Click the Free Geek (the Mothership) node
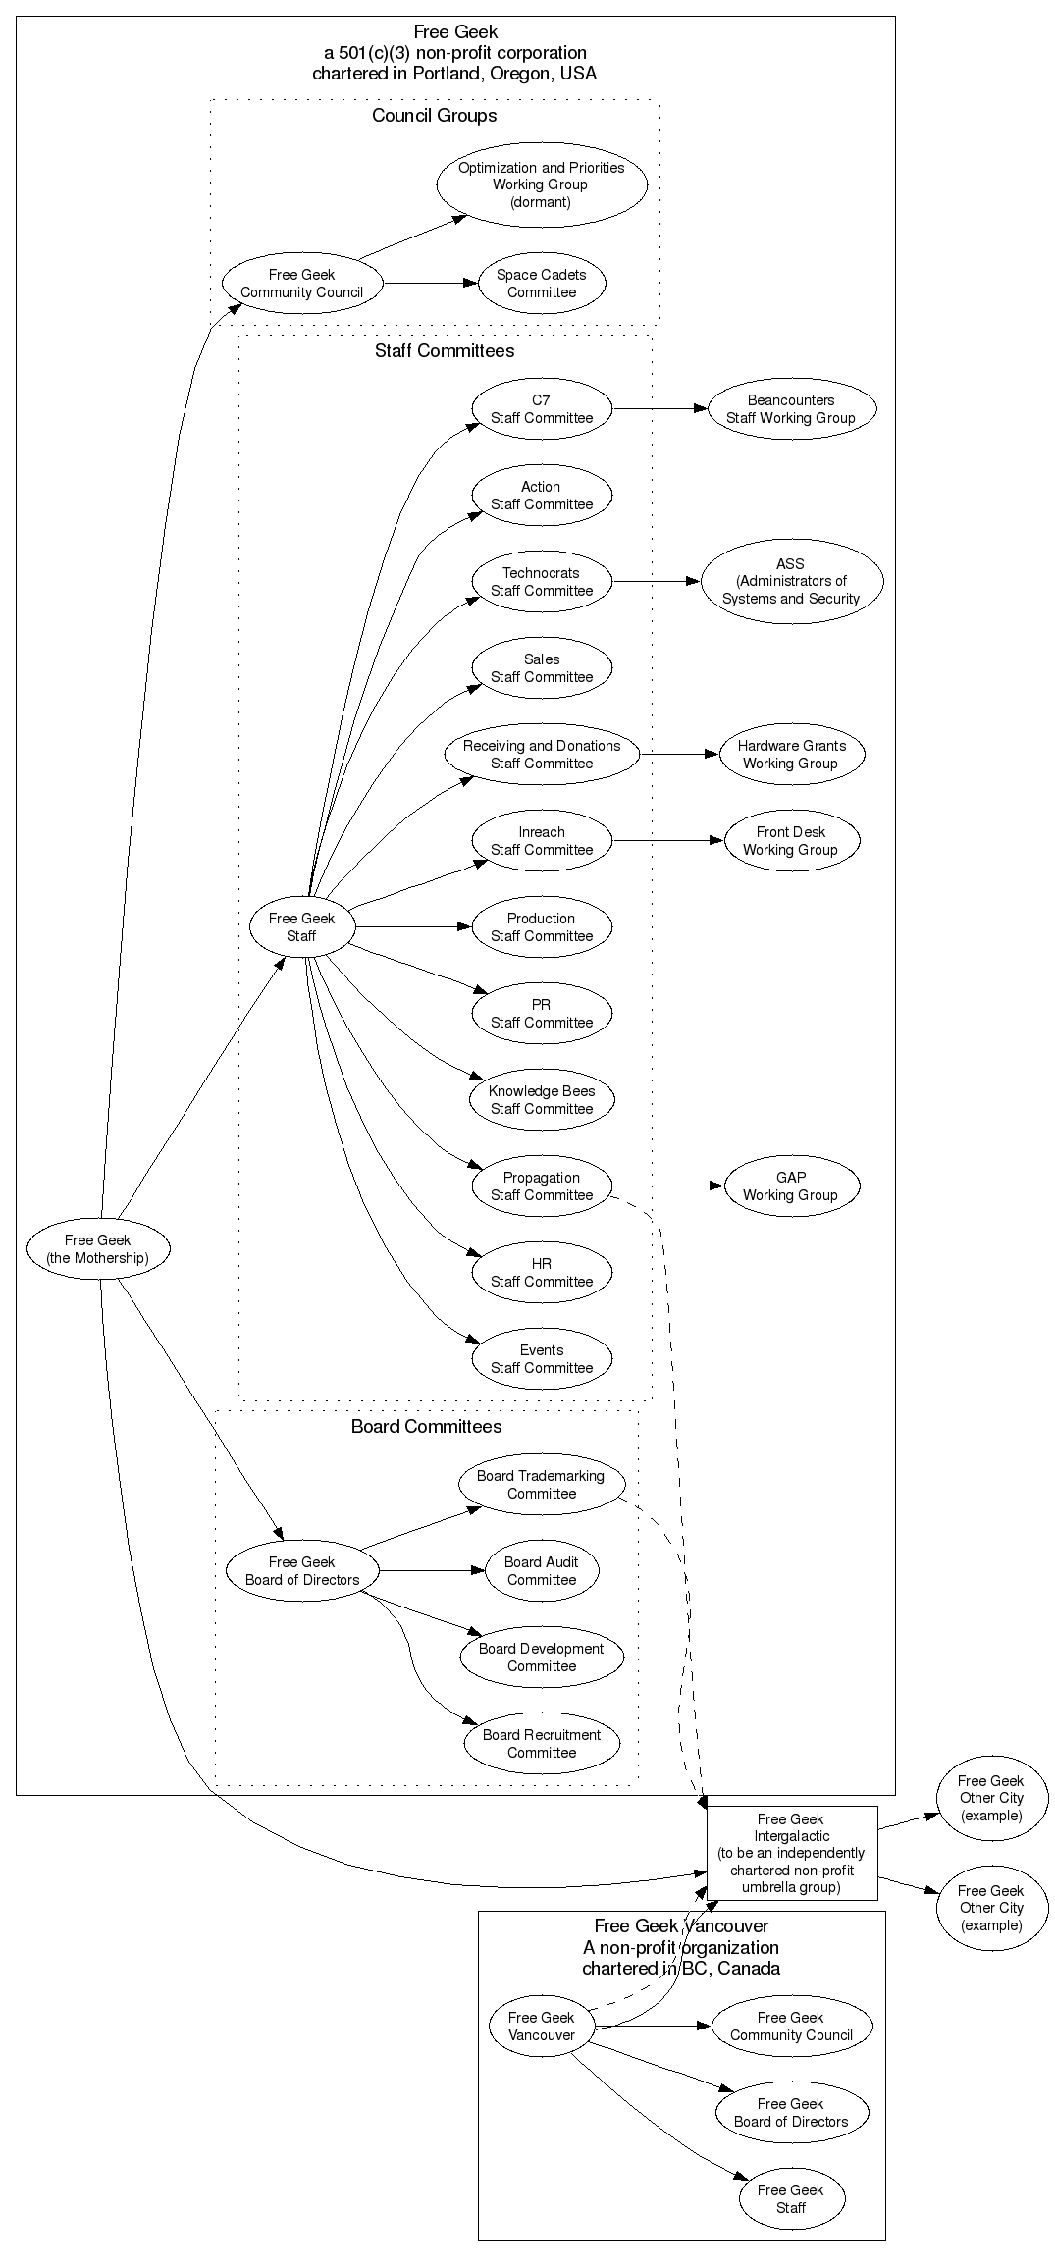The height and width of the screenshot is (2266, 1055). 98,1248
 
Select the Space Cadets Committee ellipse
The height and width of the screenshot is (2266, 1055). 542,284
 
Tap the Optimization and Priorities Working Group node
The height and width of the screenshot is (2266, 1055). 541,184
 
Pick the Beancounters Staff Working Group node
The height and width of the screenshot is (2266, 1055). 790,409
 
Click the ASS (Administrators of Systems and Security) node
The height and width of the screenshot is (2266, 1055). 791,581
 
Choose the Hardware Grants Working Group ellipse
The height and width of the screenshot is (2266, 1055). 791,755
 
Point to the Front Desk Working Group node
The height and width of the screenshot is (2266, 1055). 791,841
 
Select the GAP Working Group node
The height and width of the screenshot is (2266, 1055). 791,1186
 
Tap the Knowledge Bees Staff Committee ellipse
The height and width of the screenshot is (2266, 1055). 542,1100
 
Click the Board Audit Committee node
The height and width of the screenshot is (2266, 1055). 542,1570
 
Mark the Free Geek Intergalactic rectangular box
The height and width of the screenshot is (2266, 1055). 791,1853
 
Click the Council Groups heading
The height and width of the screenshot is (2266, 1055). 434,116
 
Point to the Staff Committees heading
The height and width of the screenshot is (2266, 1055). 444,351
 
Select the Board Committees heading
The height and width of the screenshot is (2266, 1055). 426,1427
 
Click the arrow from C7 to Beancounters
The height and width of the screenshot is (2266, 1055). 659,408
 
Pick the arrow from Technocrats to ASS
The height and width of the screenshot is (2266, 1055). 656,581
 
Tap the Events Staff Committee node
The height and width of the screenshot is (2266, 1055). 542,1359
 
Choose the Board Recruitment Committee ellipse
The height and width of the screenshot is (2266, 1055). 542,1743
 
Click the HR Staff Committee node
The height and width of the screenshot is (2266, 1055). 542,1273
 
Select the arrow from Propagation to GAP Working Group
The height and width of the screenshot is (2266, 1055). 667,1186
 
